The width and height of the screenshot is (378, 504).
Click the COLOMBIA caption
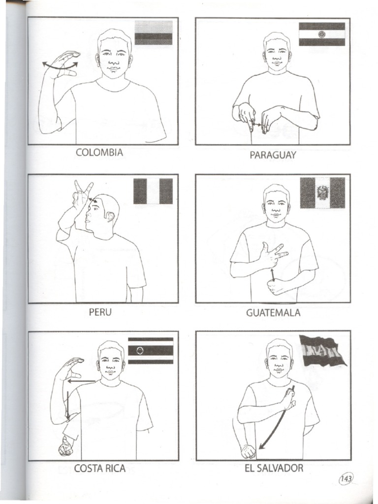point(99,153)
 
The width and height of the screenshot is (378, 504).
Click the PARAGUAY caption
point(273,155)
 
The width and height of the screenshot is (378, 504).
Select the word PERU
point(100,312)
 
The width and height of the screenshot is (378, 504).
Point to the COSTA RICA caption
point(100,468)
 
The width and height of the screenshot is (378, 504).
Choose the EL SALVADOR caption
point(274,468)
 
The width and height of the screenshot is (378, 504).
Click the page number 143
point(346,479)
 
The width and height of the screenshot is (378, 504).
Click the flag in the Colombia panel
point(154,32)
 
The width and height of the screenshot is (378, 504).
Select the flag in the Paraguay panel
point(322,34)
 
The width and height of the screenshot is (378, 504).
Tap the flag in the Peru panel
point(153,191)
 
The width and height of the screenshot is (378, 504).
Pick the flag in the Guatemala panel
point(322,193)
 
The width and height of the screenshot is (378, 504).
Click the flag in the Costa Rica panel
point(151,350)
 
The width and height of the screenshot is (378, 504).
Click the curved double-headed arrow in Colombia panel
point(60,64)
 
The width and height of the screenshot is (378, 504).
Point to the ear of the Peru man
point(110,216)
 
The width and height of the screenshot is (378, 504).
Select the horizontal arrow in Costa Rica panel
point(81,380)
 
